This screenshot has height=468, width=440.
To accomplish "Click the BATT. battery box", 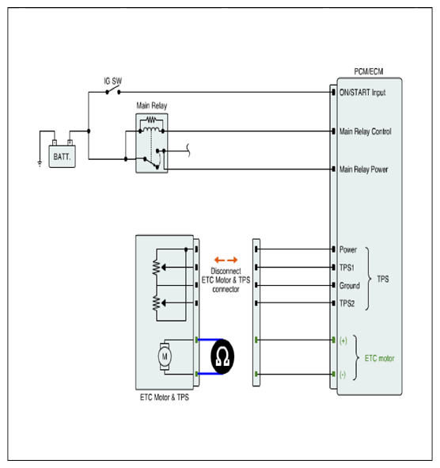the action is (x=62, y=156).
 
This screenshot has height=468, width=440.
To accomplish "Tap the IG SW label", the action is (x=112, y=81).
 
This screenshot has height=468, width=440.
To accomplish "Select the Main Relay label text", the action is (x=151, y=105).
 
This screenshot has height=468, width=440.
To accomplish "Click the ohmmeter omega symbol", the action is (x=222, y=356).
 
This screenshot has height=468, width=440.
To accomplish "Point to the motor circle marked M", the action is (x=165, y=356).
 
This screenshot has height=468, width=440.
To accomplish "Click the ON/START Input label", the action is (x=362, y=93).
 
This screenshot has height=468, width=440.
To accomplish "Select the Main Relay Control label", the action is (x=366, y=131).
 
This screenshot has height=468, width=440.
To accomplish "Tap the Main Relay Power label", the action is (x=364, y=169).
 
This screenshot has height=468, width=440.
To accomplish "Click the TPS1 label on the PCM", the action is (x=347, y=268).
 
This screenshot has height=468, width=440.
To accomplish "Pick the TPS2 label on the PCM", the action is (x=347, y=303).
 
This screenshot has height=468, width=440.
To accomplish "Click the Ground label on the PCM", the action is (x=350, y=286).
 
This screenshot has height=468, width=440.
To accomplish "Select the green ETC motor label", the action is (x=379, y=358).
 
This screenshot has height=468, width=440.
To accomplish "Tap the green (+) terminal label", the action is (x=343, y=341).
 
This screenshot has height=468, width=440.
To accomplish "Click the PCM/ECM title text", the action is (x=369, y=71).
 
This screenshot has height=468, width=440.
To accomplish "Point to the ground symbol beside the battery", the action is (x=40, y=164).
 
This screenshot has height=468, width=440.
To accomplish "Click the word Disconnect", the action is (x=226, y=271).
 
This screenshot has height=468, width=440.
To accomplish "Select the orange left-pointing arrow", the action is (x=219, y=260).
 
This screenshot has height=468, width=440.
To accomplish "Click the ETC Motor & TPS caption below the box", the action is (x=165, y=398).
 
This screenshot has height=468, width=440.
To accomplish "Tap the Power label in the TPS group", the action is (x=348, y=249).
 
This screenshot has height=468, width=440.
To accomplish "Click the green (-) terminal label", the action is (x=343, y=375).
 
